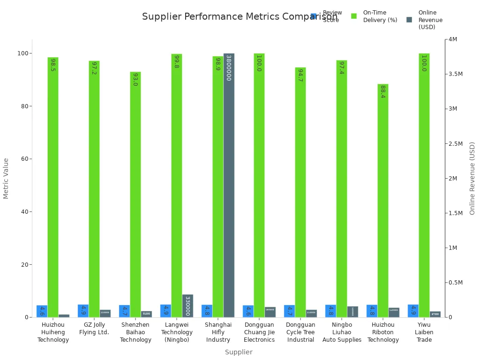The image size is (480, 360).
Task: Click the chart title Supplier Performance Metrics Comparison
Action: tap(239, 17)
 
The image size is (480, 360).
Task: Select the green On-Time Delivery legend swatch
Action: tap(354, 16)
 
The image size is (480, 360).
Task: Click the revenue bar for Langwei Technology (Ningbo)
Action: tap(187, 306)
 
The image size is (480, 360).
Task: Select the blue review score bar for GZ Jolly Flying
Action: tap(83, 311)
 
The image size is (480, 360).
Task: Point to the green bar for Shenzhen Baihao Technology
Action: tap(135, 195)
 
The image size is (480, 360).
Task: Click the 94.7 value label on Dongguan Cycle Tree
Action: tap(300, 75)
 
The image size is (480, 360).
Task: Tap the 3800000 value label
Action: tap(229, 67)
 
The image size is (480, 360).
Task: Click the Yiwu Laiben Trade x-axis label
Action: tap(424, 332)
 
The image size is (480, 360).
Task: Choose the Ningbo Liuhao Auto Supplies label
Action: tap(342, 332)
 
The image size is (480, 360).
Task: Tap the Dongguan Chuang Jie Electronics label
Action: tap(259, 332)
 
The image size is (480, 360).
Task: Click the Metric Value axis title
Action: tap(6, 178)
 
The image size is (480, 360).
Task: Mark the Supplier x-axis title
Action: tap(239, 352)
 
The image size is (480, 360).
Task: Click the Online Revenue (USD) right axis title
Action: tap(472, 178)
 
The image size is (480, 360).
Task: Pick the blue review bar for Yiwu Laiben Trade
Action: tap(413, 311)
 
